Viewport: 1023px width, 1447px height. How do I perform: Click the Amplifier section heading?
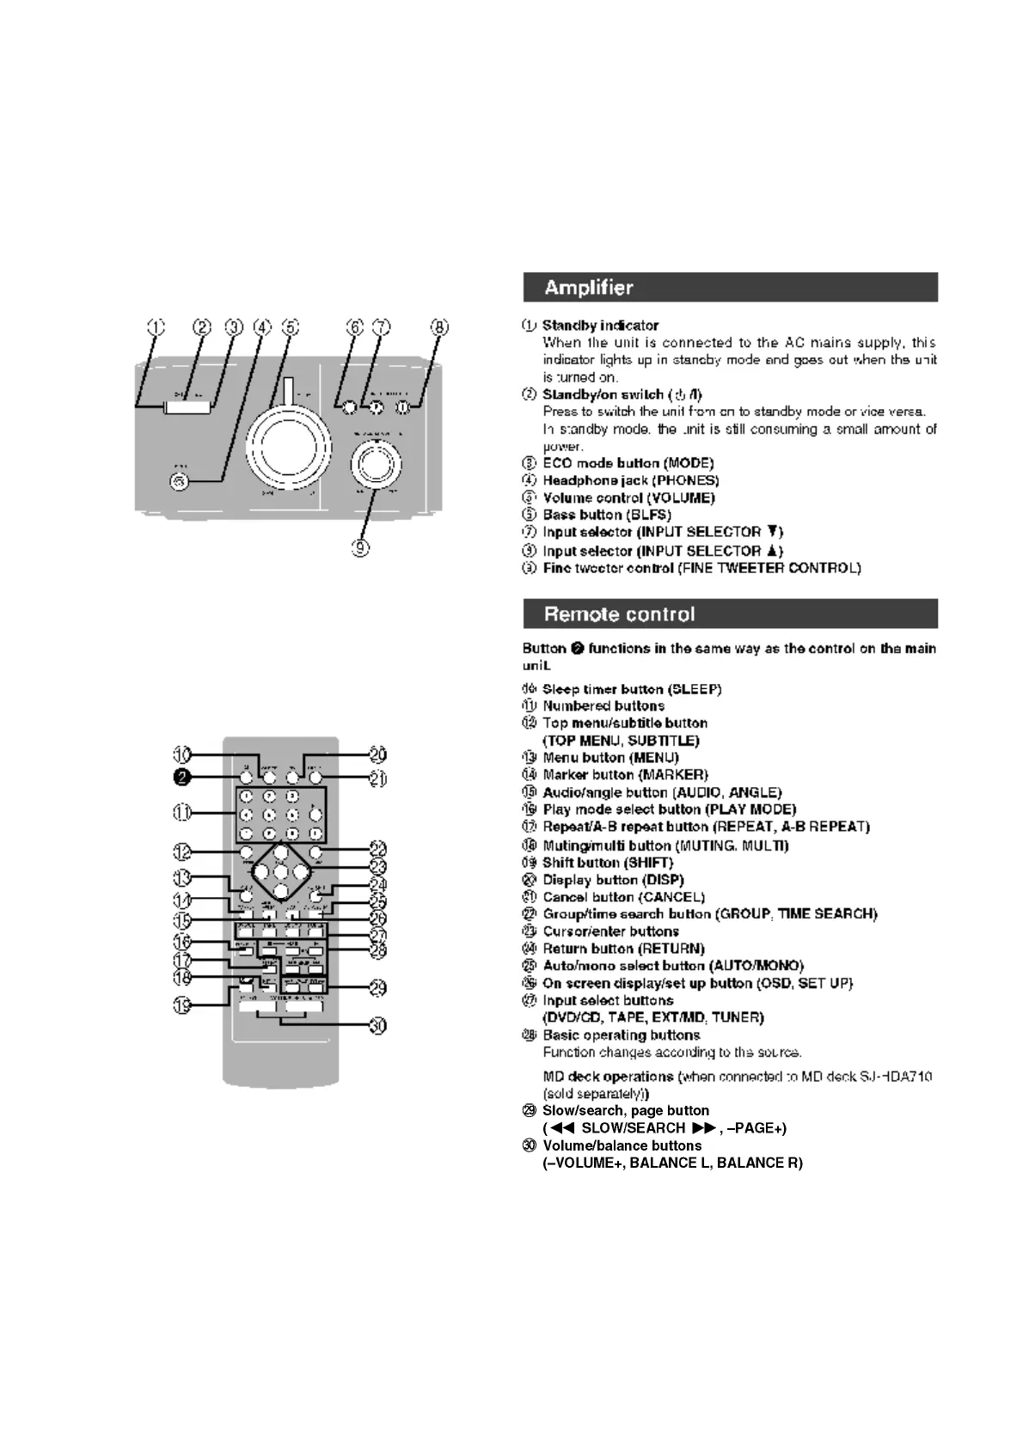click(589, 288)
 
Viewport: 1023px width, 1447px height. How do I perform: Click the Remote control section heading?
click(619, 614)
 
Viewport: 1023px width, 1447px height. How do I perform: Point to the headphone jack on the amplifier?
click(179, 481)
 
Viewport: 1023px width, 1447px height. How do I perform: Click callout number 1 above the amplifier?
click(156, 327)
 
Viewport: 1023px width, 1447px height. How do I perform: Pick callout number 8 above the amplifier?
click(439, 327)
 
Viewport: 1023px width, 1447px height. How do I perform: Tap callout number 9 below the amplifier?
click(361, 546)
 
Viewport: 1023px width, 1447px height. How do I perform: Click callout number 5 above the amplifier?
click(291, 327)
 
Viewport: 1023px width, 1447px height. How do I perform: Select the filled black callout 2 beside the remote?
click(181, 778)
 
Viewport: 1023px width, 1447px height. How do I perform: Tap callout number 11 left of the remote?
click(181, 812)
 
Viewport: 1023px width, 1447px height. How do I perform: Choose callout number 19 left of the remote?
click(181, 1005)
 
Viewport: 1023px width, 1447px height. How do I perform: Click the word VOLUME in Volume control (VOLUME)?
click(682, 498)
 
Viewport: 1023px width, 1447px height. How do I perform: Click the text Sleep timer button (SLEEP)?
click(632, 689)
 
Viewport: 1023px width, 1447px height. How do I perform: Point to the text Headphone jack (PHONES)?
click(631, 481)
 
